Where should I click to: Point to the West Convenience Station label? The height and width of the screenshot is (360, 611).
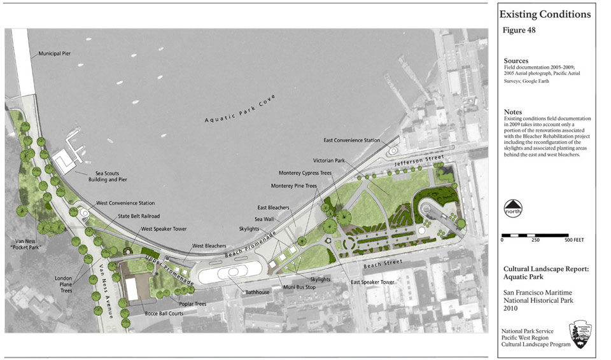coord(125,204)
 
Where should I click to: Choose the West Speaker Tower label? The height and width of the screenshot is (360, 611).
coord(164,228)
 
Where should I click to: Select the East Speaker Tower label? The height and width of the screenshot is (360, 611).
coord(373,281)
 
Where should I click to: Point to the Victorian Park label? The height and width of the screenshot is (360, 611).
coord(328,160)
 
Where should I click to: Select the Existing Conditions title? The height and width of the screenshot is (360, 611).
coord(544,14)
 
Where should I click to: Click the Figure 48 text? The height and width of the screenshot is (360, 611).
coord(519,31)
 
